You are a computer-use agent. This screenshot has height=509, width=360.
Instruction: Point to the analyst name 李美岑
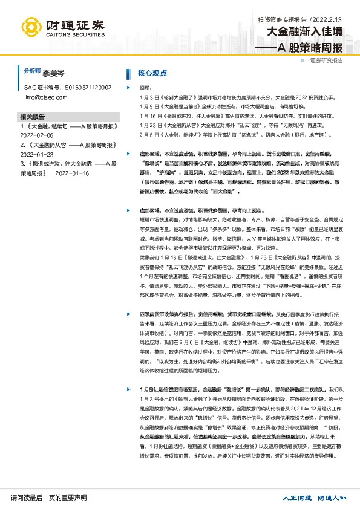point(53,72)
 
